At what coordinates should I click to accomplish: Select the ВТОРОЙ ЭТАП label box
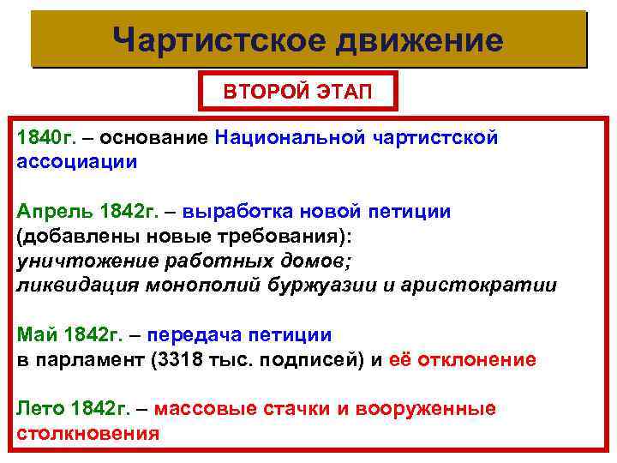(298, 91)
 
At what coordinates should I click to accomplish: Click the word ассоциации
(76, 160)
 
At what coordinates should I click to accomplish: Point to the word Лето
(39, 409)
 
